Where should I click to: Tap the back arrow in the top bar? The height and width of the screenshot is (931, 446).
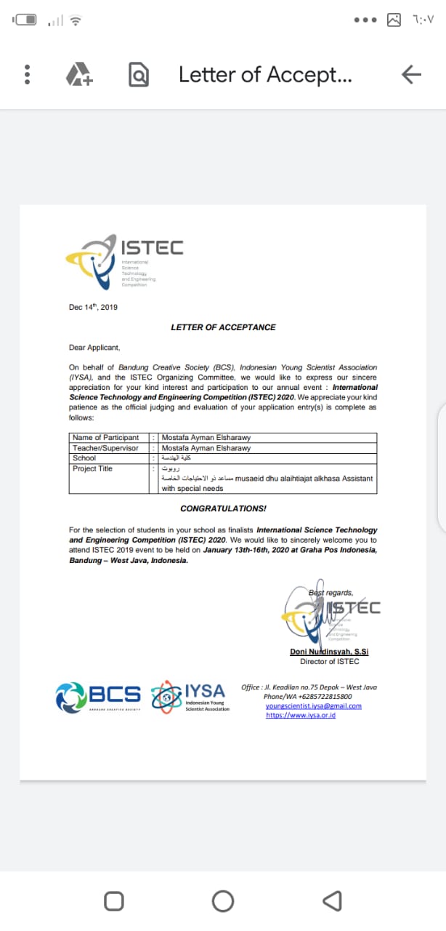click(x=411, y=74)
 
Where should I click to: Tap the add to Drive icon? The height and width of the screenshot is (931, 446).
click(x=79, y=74)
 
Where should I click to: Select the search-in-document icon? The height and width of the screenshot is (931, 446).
click(x=138, y=74)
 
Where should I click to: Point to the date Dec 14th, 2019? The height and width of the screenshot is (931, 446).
click(x=93, y=307)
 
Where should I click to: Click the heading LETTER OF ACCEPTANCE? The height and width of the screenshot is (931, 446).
click(x=223, y=327)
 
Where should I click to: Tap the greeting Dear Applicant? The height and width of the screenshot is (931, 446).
click(x=94, y=347)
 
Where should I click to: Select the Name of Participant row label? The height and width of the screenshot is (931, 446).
click(x=106, y=438)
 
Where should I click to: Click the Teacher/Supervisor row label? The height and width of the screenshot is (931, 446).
click(x=105, y=448)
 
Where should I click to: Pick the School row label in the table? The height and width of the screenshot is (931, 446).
click(x=84, y=458)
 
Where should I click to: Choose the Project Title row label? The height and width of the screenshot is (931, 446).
click(x=92, y=468)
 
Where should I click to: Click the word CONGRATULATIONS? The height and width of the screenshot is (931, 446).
click(x=223, y=508)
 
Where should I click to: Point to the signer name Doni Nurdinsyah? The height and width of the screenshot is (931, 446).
click(x=329, y=651)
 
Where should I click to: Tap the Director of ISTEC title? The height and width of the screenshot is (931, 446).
click(x=329, y=661)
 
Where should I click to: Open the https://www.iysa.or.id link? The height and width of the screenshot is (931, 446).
click(x=301, y=715)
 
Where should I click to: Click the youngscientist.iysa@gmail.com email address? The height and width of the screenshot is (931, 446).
click(x=313, y=706)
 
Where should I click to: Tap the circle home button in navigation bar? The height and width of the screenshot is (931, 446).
click(x=223, y=901)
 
